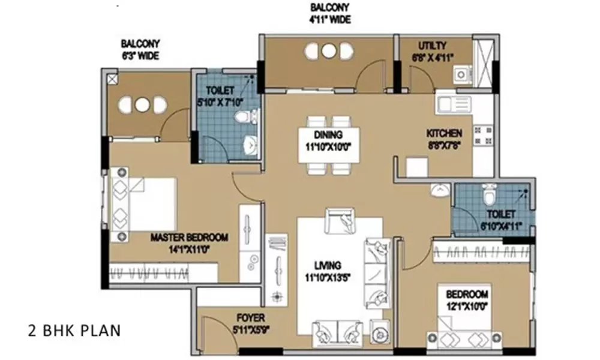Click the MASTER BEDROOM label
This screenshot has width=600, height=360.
coord(189,238)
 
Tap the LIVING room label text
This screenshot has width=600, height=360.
coord(326,265)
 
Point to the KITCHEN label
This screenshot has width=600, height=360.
coord(444,133)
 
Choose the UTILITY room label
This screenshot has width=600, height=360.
coord(433,46)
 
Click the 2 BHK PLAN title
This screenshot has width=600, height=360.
coord(74,331)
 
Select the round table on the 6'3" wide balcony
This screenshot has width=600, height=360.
coord(142,104)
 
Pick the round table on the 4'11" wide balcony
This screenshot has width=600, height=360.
coord(328,51)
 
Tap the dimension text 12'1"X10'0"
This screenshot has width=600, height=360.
coord(466,307)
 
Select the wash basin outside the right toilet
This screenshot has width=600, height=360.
coord(440,191)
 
